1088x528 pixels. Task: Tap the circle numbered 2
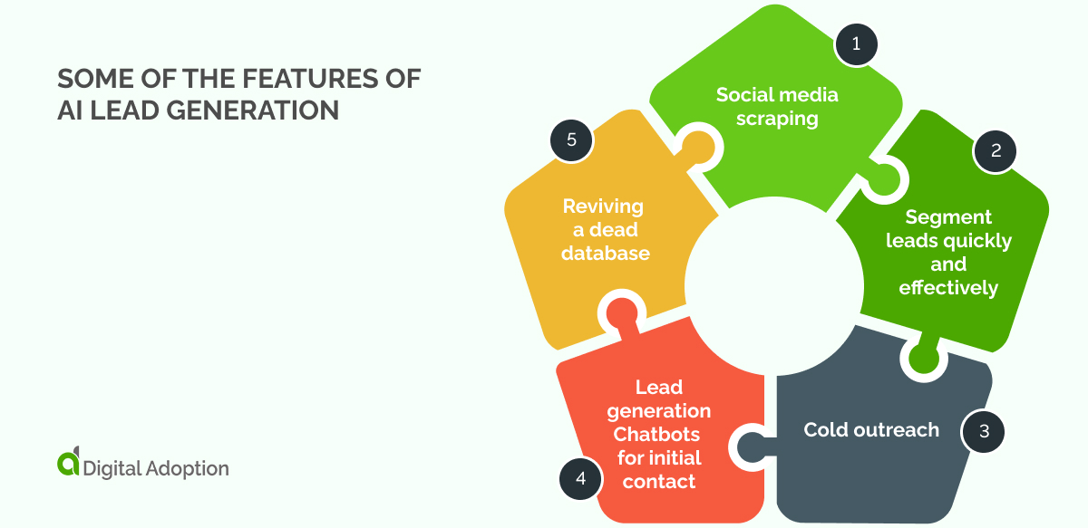click(x=995, y=151)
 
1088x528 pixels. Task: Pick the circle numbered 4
click(x=580, y=477)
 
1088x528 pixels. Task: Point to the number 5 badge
click(x=571, y=140)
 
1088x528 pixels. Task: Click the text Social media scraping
click(x=777, y=106)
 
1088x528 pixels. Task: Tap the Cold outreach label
click(x=871, y=429)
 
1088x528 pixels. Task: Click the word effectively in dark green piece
click(x=948, y=288)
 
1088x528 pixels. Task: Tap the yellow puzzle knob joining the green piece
click(x=696, y=146)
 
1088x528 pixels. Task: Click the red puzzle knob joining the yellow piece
click(x=621, y=312)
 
